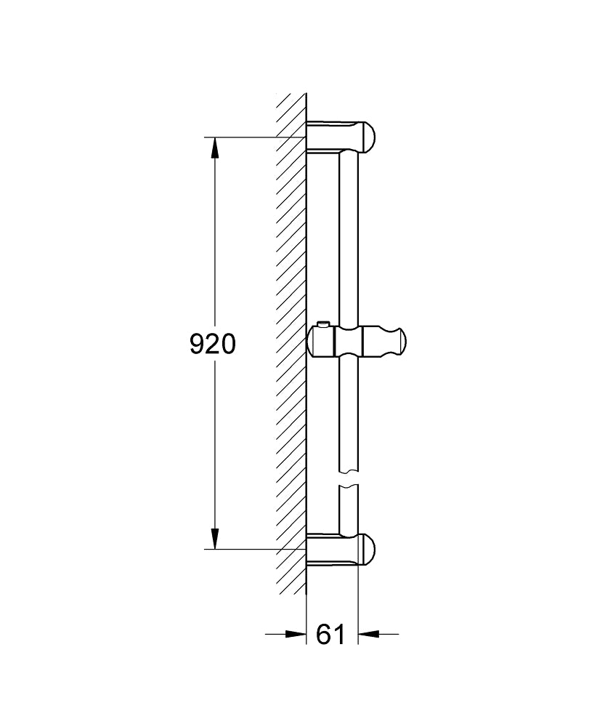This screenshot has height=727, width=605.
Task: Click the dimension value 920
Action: [x=213, y=343]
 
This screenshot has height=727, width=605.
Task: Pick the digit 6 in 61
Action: [x=323, y=635]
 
